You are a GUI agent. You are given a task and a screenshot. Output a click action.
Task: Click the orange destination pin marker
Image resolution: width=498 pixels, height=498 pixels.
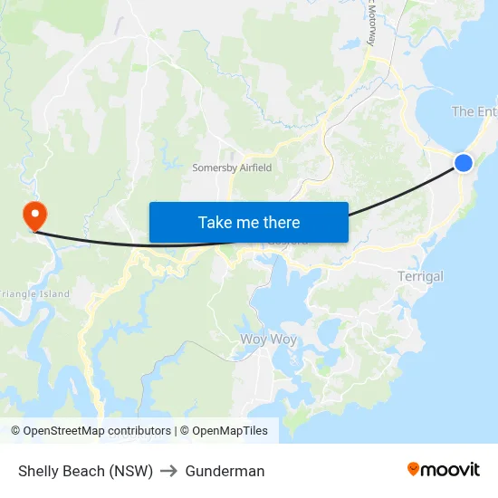coord(34,214)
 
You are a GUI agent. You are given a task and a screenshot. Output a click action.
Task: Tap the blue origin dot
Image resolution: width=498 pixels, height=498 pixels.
coord(463,163)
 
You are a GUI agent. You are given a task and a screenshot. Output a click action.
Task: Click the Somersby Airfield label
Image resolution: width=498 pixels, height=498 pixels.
coord(232,168)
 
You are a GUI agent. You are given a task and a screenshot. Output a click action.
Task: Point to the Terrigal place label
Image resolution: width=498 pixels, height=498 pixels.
coord(420,276)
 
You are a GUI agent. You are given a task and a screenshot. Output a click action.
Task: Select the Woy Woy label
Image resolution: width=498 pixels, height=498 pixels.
coord(268,340)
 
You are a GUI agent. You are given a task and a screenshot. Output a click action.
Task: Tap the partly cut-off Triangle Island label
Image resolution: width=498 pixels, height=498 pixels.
coord(34,293)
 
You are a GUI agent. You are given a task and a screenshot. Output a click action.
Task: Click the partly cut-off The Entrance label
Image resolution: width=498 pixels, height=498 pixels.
coord(474,111)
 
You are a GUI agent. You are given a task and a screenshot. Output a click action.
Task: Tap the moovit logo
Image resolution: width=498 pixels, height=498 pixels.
coord(443,470)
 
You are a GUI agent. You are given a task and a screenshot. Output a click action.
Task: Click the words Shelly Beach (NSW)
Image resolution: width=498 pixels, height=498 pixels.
coord(85,471)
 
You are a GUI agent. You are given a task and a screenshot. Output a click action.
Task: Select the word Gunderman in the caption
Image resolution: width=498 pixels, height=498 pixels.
coord(225,471)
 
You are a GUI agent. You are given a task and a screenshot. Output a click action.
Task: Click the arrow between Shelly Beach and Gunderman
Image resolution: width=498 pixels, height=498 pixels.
coord(169,471)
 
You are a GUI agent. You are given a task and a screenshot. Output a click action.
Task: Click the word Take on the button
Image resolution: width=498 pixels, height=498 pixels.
coord(215,222)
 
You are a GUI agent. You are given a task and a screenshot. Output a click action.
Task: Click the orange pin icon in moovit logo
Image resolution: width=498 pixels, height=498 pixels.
coord(414,469)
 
